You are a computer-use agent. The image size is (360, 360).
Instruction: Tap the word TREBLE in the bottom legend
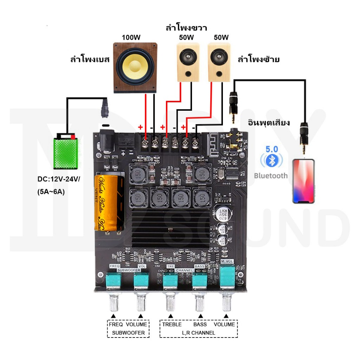click(172, 324)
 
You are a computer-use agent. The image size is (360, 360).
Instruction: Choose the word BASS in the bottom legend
click(200, 324)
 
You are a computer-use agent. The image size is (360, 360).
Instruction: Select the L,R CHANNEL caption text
click(198, 333)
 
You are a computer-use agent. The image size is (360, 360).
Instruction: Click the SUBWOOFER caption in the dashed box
click(128, 333)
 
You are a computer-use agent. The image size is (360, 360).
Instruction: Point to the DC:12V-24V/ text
click(59, 180)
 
